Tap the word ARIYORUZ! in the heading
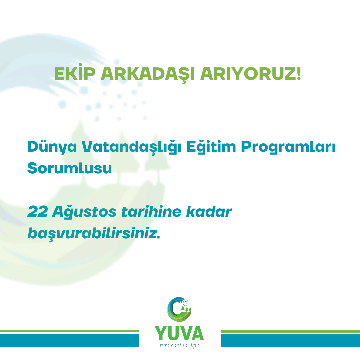click(250, 74)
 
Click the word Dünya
click(52, 146)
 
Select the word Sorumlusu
click(70, 168)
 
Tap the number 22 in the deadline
click(38, 211)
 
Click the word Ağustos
click(84, 211)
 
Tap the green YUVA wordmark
click(179, 333)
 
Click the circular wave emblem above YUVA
click(179, 309)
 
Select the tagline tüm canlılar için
click(180, 346)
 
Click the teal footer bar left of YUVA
click(69, 341)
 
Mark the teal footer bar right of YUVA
click(290, 341)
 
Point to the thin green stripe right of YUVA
click(290, 331)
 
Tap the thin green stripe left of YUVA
click(69, 331)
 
